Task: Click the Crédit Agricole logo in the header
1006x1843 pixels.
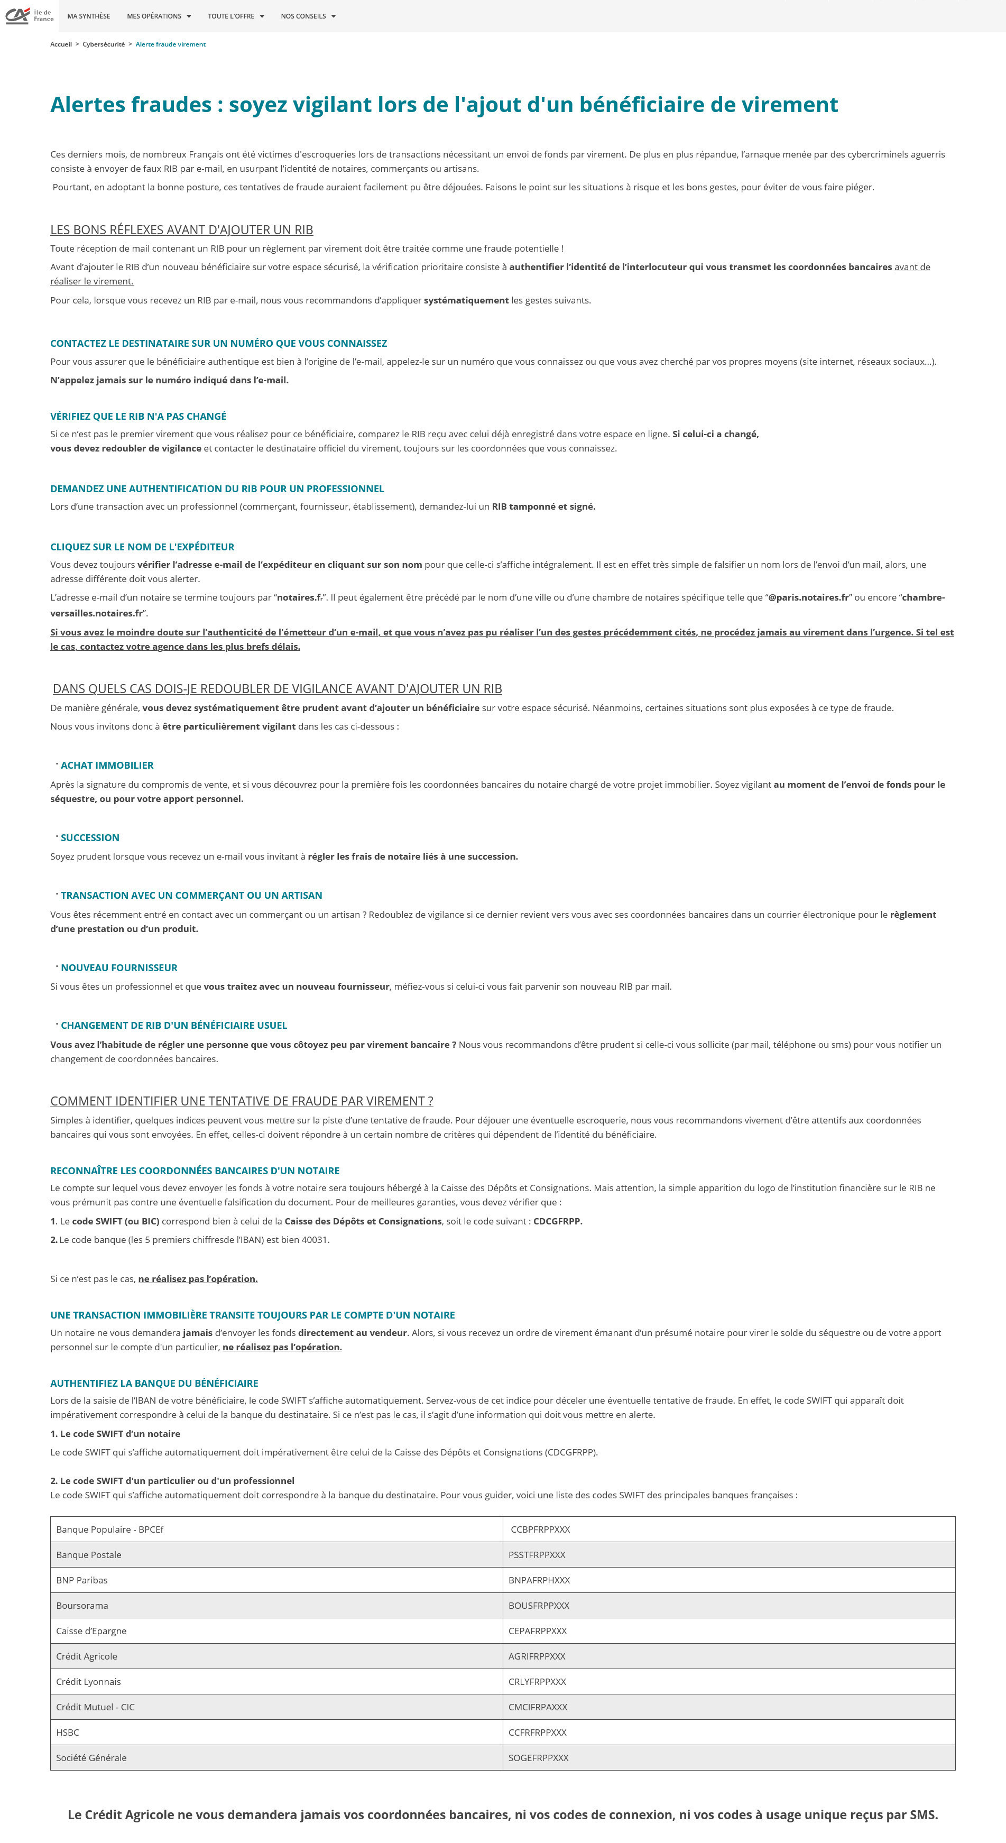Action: pyautogui.click(x=29, y=15)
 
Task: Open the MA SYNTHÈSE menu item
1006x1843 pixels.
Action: pyautogui.click(x=89, y=16)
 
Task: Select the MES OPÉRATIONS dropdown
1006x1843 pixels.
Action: pyautogui.click(x=159, y=16)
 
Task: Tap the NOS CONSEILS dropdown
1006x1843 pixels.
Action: pyautogui.click(x=308, y=16)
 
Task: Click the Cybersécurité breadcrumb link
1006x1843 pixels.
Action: pyautogui.click(x=104, y=44)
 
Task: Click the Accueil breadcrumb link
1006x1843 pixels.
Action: pyautogui.click(x=61, y=44)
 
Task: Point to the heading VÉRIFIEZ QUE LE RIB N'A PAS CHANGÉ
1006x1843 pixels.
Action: pyautogui.click(x=138, y=417)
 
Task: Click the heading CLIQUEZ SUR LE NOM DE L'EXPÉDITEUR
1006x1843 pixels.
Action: pyautogui.click(x=142, y=547)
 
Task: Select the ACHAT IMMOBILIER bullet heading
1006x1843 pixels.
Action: pyautogui.click(x=107, y=766)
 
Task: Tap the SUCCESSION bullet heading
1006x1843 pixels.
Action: pyautogui.click(x=90, y=838)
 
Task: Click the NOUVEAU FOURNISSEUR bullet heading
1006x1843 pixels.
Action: pyautogui.click(x=119, y=968)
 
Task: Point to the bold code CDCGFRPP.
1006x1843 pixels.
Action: pyautogui.click(x=557, y=1221)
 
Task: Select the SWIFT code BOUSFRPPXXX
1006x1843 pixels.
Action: pyautogui.click(x=539, y=1606)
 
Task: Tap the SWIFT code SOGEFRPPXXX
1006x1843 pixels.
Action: pyautogui.click(x=538, y=1758)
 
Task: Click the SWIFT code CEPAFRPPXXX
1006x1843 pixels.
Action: pyautogui.click(x=537, y=1630)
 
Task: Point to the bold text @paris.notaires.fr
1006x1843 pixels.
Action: pyautogui.click(x=808, y=597)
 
